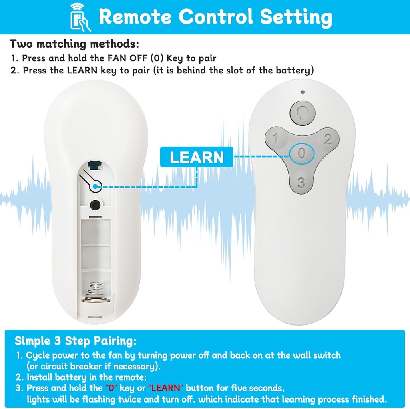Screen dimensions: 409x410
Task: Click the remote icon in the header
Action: click(80, 17)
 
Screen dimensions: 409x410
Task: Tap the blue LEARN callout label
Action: click(197, 157)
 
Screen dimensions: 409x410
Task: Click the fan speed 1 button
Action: click(276, 139)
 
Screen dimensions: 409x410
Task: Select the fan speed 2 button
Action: click(328, 139)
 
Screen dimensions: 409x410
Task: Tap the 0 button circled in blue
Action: click(302, 153)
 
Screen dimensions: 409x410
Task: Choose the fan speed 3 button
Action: click(301, 183)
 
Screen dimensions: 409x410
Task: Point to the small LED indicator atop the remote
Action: click(303, 92)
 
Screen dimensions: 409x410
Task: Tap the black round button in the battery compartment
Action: click(95, 204)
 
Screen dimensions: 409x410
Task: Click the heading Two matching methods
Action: click(74, 44)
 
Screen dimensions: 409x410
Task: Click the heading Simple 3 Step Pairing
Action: click(76, 341)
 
